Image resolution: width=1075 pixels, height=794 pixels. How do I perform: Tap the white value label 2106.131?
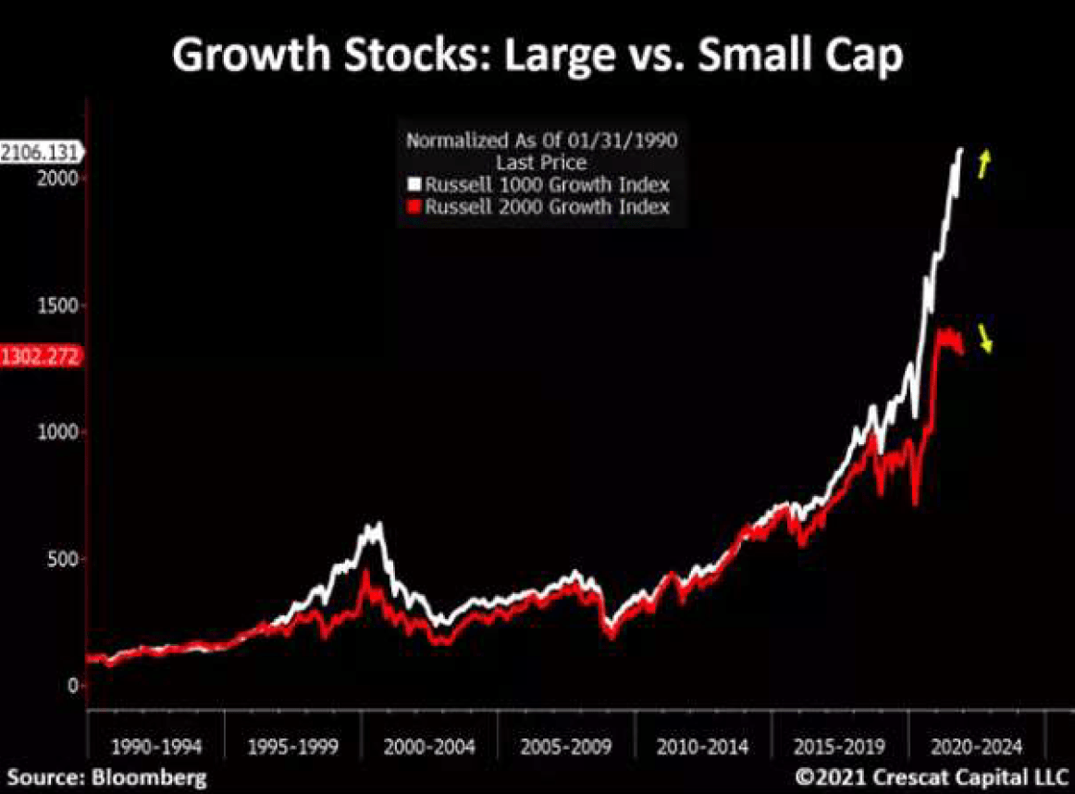tap(41, 152)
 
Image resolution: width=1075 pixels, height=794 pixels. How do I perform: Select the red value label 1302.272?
tap(41, 355)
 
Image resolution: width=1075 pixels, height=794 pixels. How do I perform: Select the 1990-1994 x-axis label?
tap(155, 746)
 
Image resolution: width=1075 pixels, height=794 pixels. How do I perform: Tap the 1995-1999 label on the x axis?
tap(293, 746)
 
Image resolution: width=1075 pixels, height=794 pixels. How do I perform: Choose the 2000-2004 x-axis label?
tap(429, 746)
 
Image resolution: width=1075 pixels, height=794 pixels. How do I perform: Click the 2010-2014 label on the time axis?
tap(703, 746)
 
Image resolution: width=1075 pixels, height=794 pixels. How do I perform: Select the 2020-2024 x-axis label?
tap(977, 746)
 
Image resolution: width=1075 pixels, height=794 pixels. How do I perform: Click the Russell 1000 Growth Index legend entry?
tap(546, 184)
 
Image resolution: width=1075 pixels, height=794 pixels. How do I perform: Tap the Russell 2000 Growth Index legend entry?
tap(546, 206)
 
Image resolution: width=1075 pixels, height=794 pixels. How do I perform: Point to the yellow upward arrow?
tap(985, 164)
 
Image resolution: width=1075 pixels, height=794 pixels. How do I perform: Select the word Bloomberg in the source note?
tap(148, 775)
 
